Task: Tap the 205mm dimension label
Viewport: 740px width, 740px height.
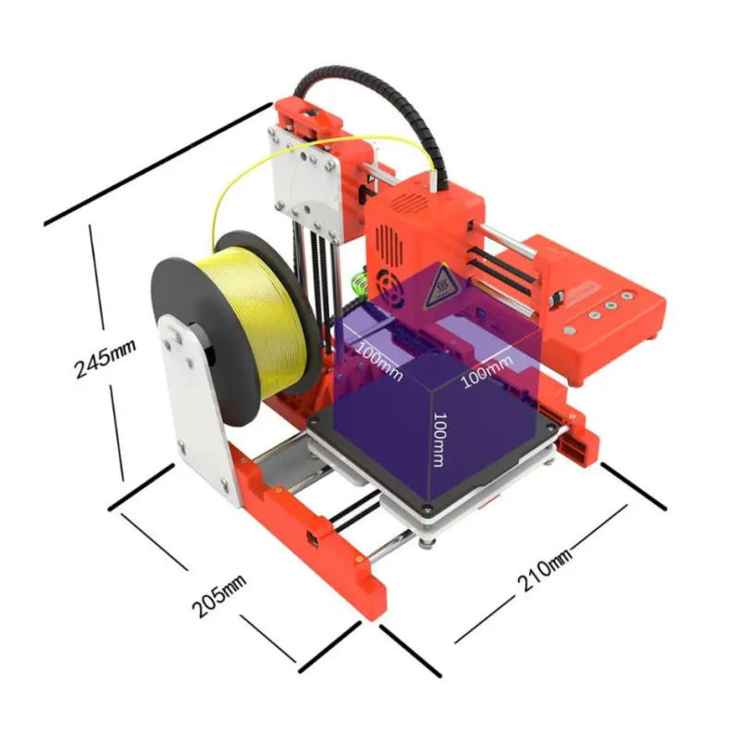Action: (x=219, y=596)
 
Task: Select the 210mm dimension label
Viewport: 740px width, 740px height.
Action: (x=544, y=571)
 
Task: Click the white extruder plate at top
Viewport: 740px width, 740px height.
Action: (x=305, y=176)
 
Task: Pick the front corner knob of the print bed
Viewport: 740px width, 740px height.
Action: (x=427, y=508)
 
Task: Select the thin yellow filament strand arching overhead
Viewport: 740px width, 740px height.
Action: (x=277, y=162)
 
